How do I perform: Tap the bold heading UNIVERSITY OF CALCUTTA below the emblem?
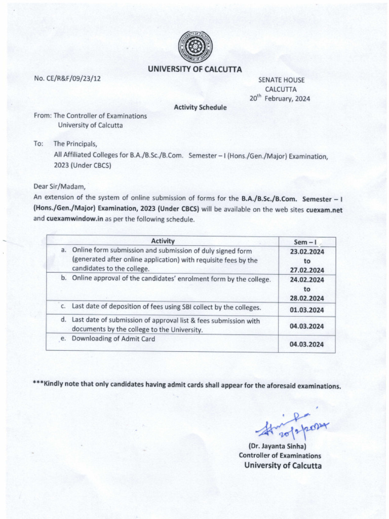(194, 69)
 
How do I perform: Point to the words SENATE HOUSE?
(281, 80)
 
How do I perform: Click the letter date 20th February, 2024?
(280, 99)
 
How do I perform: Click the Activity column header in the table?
(163, 241)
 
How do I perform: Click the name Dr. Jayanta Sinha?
(280, 446)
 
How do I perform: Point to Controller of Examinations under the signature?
(280, 455)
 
